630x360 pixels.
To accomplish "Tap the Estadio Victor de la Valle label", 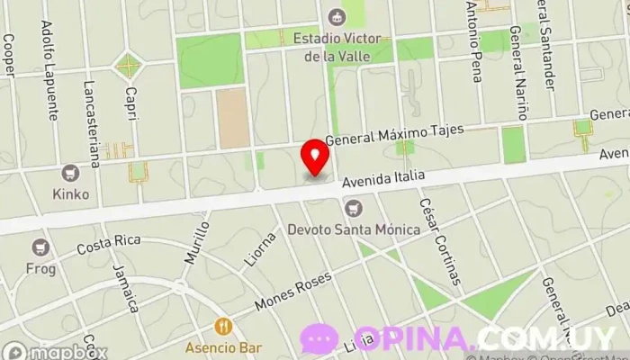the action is click(x=337, y=47).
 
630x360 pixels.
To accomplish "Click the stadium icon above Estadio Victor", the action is click(x=337, y=15).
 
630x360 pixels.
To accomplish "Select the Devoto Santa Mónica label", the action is click(x=354, y=229).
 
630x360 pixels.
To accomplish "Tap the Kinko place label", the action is click(x=71, y=193).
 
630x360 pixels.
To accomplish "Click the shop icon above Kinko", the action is click(x=71, y=172).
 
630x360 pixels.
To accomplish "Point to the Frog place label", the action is click(x=40, y=267).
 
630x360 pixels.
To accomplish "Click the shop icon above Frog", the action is click(x=40, y=247).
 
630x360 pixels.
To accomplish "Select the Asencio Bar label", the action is click(x=224, y=347).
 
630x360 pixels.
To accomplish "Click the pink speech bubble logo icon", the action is click(x=320, y=339).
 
